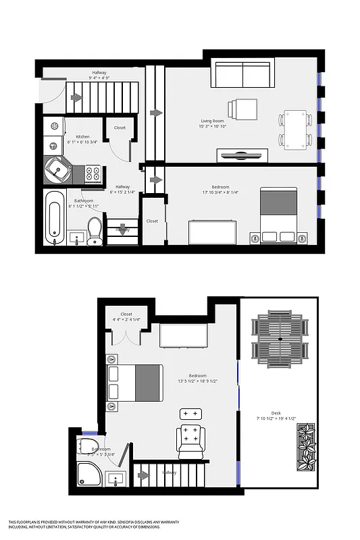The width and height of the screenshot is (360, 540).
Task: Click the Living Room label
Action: [211, 121]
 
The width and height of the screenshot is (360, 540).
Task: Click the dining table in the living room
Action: [295, 129]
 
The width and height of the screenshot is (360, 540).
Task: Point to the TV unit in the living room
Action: [242, 155]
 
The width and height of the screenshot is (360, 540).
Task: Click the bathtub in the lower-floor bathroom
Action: [55, 217]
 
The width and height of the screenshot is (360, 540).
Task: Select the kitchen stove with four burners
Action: [93, 173]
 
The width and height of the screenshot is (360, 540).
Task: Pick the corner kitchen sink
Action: [57, 169]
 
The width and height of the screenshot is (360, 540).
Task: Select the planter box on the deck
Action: [306, 448]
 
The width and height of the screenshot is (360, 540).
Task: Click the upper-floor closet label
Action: [126, 314]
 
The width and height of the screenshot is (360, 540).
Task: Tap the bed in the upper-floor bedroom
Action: [135, 383]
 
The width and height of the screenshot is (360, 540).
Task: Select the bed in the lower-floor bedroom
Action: [278, 215]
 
